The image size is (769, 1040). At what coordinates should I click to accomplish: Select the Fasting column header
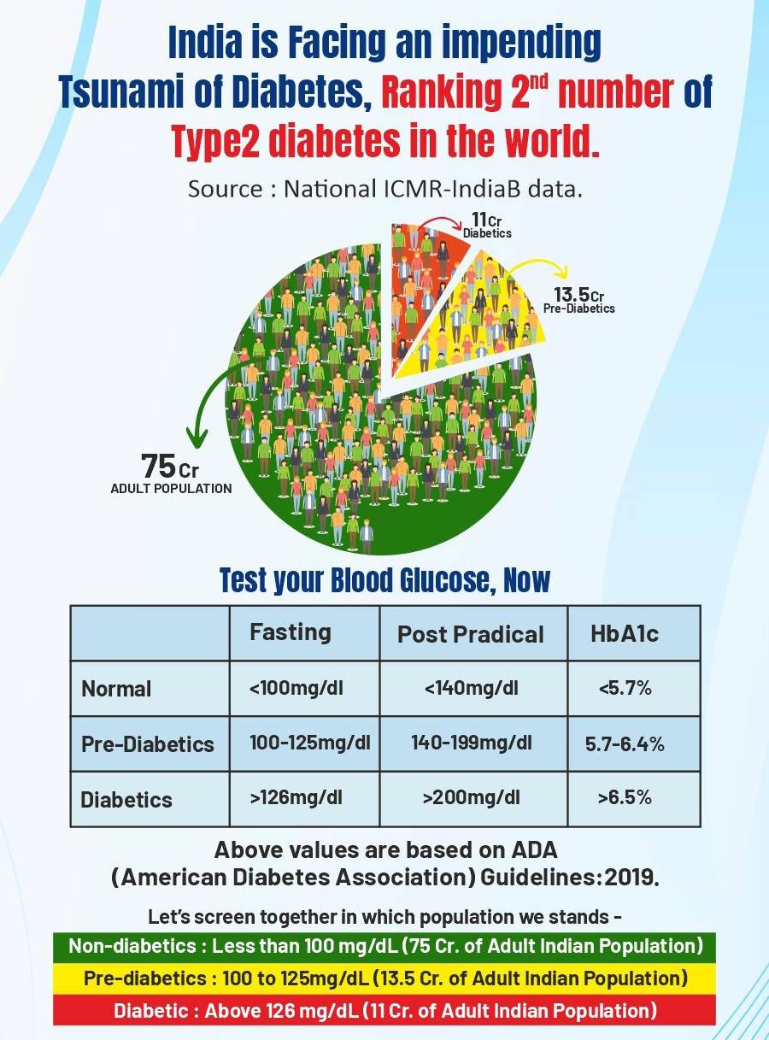pyautogui.click(x=290, y=632)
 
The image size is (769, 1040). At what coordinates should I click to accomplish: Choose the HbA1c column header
pyautogui.click(x=625, y=634)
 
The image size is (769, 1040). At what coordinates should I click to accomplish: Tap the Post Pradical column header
pyautogui.click(x=471, y=634)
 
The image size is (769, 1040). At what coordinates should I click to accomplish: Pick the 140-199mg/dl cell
pyautogui.click(x=471, y=743)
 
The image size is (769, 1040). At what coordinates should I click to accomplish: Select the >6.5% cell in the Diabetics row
pyautogui.click(x=625, y=798)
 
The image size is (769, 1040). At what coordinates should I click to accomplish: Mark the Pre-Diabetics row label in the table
pyautogui.click(x=147, y=743)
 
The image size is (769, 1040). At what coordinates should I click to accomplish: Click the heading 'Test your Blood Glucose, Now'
pyautogui.click(x=384, y=581)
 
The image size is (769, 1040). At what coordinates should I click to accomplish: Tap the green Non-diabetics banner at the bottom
pyautogui.click(x=384, y=946)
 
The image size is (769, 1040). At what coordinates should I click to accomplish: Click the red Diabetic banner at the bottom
pyautogui.click(x=384, y=1010)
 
